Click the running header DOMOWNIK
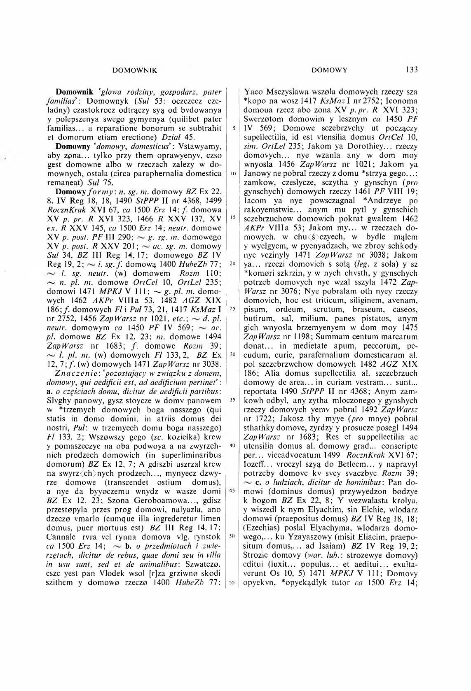pyautogui.click(x=135, y=70)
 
